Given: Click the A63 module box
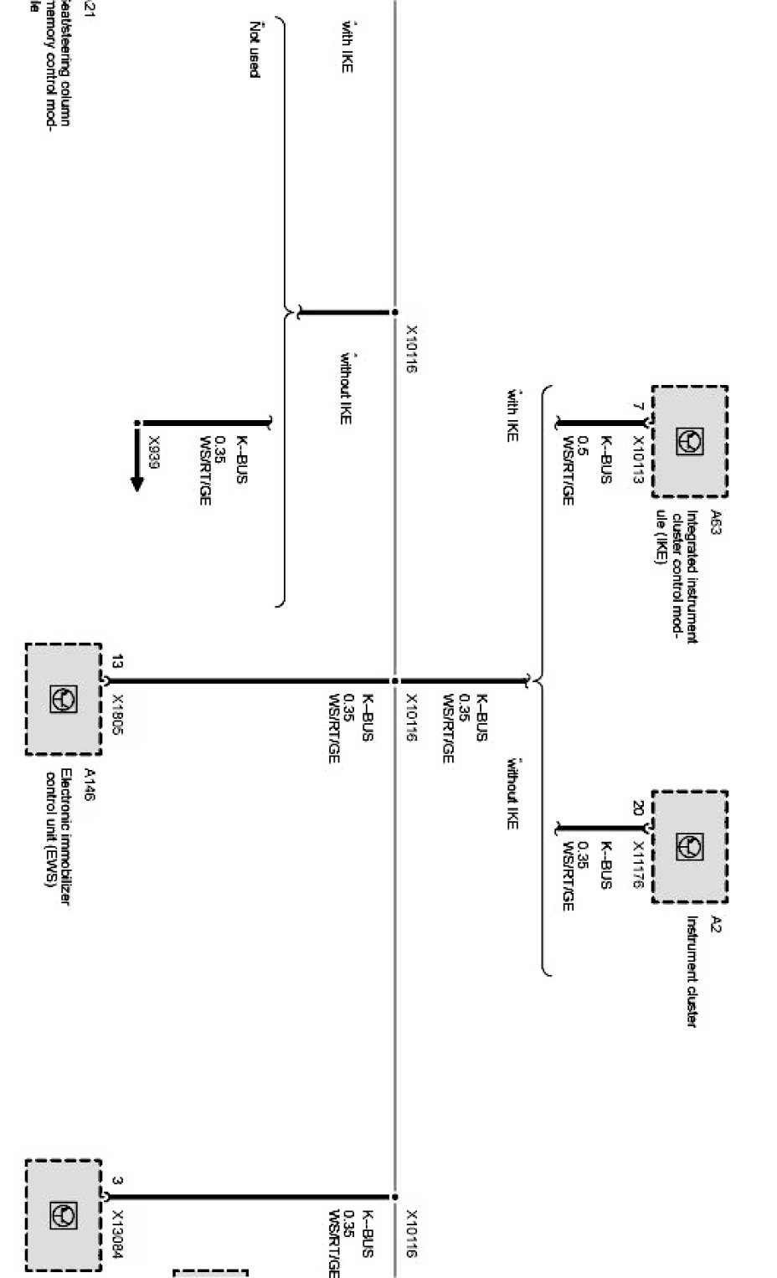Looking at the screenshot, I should click(x=689, y=442).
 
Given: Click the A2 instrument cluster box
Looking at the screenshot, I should click(x=689, y=847).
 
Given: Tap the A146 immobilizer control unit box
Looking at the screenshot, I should click(x=64, y=699).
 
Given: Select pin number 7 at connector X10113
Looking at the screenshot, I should click(x=638, y=407).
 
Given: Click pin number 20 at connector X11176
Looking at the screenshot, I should click(x=638, y=809).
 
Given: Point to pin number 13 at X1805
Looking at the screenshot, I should click(x=117, y=661).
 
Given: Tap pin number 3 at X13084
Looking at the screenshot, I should click(x=117, y=1181).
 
